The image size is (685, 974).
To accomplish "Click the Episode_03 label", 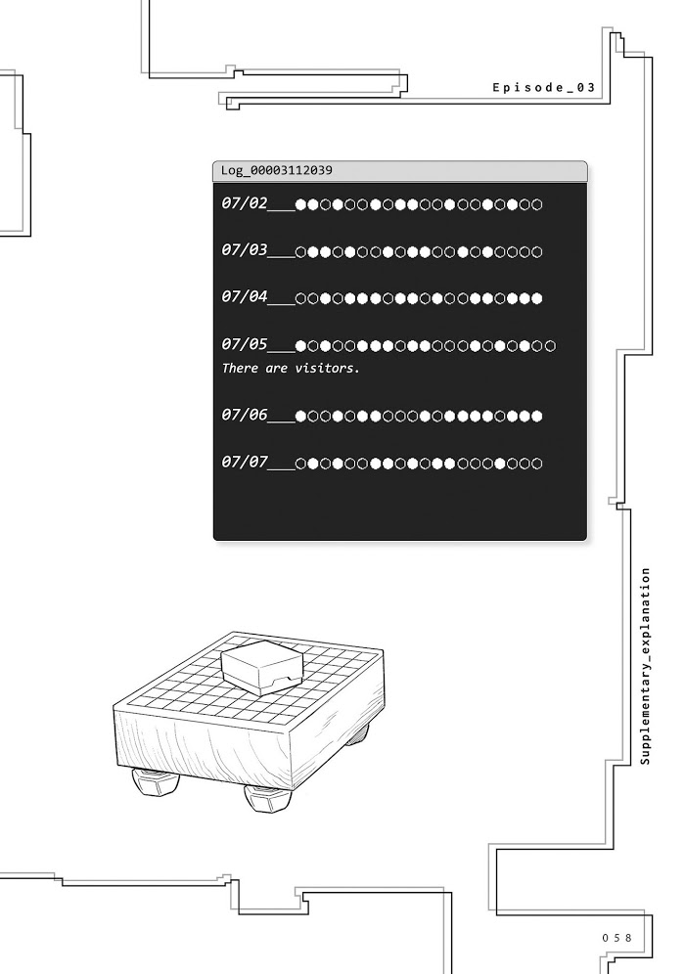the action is [x=544, y=88].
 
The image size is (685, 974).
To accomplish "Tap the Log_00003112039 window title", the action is [x=277, y=170].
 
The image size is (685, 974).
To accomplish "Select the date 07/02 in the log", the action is [x=245, y=203].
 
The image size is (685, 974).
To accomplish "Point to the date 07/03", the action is [x=245, y=249].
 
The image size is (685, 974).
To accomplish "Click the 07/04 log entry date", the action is [x=245, y=296].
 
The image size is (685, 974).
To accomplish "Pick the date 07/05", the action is [x=245, y=343].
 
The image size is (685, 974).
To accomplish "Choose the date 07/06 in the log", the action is [x=245, y=414].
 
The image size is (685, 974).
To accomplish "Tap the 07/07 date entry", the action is [x=245, y=462].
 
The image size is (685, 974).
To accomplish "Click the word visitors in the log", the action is [x=327, y=368].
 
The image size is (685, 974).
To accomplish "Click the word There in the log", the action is [x=240, y=368].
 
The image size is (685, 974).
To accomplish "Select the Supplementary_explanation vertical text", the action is [x=645, y=666].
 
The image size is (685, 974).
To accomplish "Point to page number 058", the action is [x=616, y=938].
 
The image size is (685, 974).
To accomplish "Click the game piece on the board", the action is [x=262, y=667].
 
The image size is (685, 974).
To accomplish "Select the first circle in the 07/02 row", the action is [x=300, y=204].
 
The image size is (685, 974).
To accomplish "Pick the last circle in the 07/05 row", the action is [x=550, y=345].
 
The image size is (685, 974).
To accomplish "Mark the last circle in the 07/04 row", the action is [x=537, y=299].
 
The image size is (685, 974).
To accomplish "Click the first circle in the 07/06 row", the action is [x=300, y=416].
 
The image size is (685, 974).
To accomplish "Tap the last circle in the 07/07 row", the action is [x=537, y=464].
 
